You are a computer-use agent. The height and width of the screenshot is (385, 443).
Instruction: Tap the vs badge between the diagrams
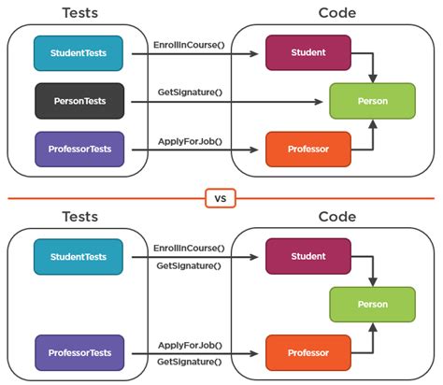click(x=221, y=197)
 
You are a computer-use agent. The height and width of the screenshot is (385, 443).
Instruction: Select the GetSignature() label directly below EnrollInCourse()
click(x=190, y=266)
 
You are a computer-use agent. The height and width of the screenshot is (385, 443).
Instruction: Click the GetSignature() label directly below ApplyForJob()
click(x=190, y=361)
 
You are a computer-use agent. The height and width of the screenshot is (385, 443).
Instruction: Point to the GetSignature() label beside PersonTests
click(x=190, y=91)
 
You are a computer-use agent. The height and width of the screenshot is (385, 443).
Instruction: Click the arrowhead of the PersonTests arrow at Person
click(x=324, y=100)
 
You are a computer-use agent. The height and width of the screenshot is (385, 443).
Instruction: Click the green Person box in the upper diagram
click(x=372, y=100)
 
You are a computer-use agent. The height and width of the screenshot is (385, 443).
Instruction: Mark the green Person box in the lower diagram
click(x=372, y=304)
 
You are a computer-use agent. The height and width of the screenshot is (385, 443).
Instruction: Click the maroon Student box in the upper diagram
click(x=307, y=53)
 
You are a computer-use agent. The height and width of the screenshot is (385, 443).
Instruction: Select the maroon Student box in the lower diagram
click(x=307, y=257)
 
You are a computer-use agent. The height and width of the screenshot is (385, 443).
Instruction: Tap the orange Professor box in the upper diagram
click(x=307, y=149)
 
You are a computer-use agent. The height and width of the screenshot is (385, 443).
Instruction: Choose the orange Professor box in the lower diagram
click(x=307, y=352)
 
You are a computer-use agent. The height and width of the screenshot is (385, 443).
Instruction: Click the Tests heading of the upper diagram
click(x=79, y=13)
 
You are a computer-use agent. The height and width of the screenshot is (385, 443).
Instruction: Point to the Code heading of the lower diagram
click(x=336, y=217)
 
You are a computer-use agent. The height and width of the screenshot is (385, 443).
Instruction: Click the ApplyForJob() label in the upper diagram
click(x=190, y=140)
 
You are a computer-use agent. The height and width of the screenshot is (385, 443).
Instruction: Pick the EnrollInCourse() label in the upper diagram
click(x=190, y=45)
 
